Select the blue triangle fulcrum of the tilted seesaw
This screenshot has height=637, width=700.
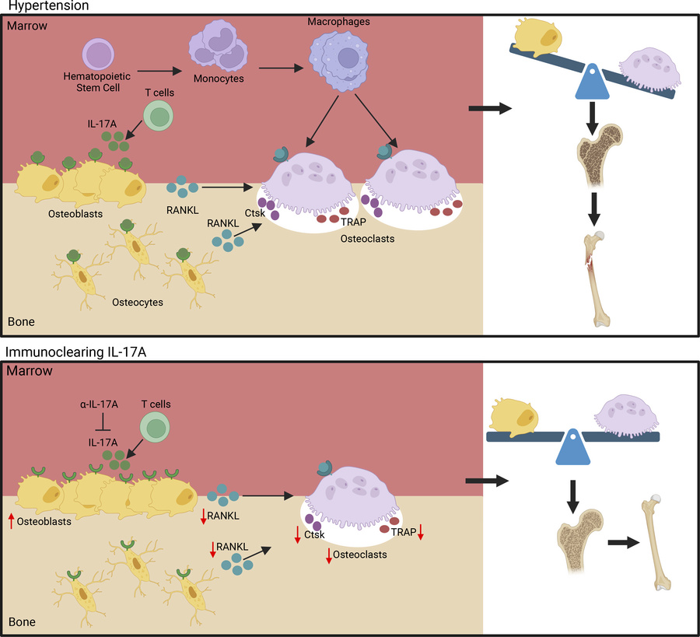590,82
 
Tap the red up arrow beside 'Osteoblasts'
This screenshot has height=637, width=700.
12,521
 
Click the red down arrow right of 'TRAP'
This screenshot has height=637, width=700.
420,530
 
